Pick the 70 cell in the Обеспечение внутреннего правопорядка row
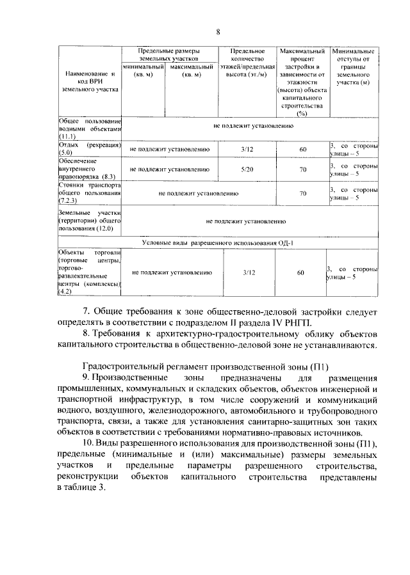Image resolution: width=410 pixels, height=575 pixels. click(x=302, y=169)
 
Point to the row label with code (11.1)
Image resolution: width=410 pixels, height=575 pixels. click(x=89, y=129)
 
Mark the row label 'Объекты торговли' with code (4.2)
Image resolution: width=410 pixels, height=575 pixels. click(x=89, y=272)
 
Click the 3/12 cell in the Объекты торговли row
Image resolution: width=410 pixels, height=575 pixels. click(x=249, y=272)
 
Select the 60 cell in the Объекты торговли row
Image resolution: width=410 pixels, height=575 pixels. click(x=300, y=272)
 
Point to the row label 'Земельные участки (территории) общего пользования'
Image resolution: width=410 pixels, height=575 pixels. click(x=89, y=220)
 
